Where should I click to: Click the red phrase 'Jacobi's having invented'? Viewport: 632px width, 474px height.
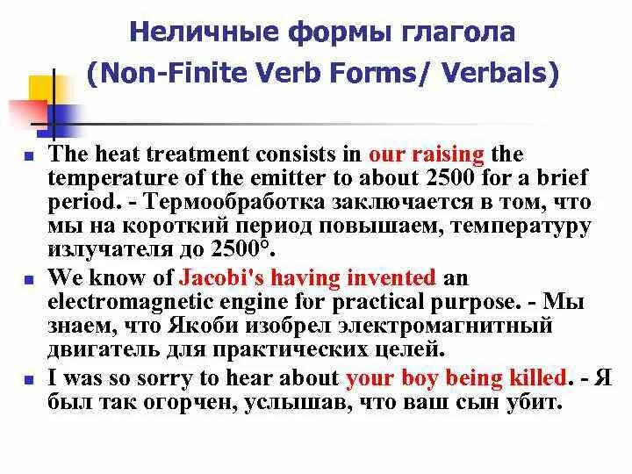pyautogui.click(x=307, y=279)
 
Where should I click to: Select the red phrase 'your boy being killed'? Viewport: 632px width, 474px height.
pyautogui.click(x=456, y=378)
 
